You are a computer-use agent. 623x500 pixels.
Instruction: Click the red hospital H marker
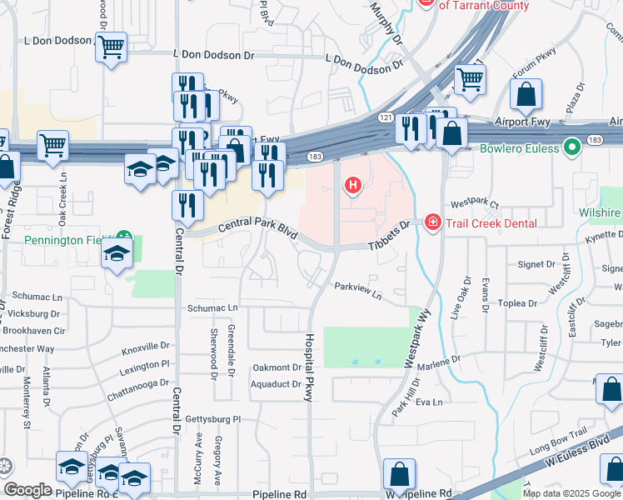click(x=352, y=185)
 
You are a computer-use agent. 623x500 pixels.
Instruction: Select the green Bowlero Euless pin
click(x=571, y=149)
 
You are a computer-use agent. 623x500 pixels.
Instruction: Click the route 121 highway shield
click(x=386, y=119)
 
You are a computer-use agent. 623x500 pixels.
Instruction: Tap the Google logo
click(x=27, y=491)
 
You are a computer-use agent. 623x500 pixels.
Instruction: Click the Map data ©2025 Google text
click(x=571, y=493)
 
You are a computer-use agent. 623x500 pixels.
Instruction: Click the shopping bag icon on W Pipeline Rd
click(x=399, y=474)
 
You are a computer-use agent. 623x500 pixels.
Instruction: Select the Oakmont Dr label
click(x=277, y=367)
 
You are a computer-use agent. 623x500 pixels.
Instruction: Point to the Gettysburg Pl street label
click(x=212, y=419)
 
